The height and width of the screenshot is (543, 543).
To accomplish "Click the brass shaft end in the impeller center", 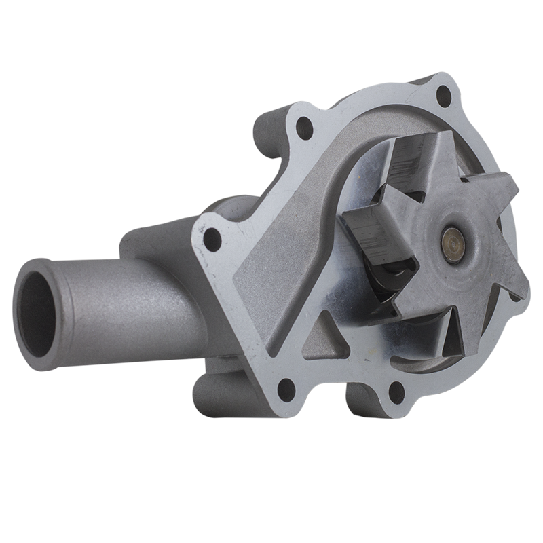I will click(450, 238).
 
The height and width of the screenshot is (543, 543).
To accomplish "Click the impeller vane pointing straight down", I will click(441, 333).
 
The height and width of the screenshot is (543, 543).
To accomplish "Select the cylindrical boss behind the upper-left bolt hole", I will click(268, 136).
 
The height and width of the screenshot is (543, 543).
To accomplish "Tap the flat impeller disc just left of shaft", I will click(424, 244).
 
